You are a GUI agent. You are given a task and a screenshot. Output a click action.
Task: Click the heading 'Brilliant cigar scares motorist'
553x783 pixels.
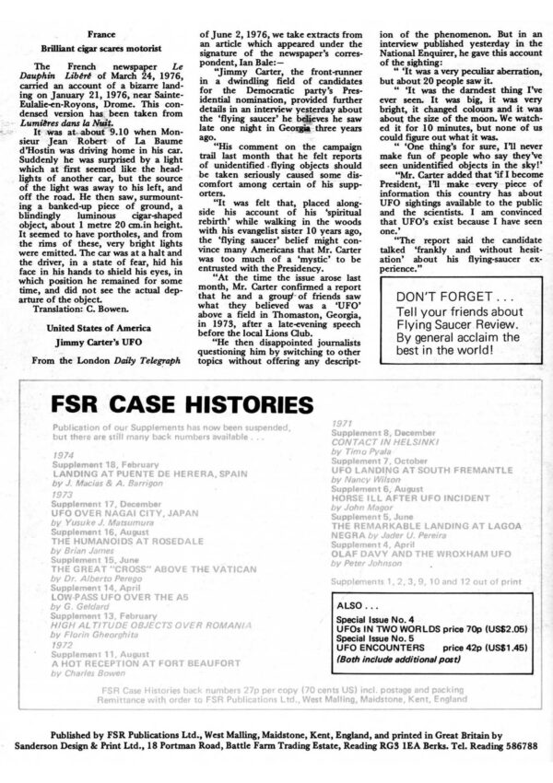[x=95, y=45]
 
